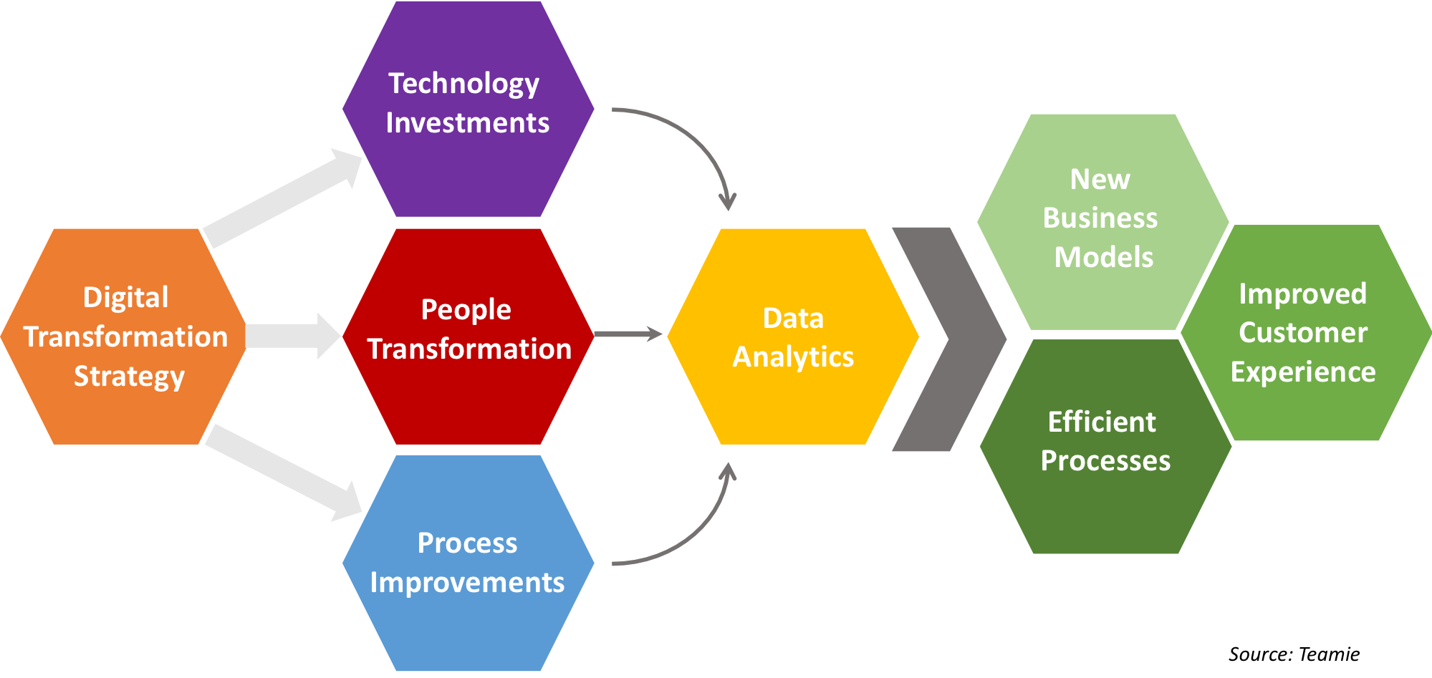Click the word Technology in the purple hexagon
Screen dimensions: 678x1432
463,84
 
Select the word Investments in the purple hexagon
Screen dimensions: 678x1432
467,123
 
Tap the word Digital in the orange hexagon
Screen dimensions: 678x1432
125,297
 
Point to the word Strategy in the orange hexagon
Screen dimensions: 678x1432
129,376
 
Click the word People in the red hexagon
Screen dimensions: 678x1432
466,310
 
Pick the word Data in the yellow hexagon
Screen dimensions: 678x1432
793,318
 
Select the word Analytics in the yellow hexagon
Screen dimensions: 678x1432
793,357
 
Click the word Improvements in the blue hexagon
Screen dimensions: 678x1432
467,582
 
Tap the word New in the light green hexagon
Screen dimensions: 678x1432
1100,179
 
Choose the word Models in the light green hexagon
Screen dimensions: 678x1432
1103,257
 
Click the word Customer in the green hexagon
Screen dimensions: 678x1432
1303,332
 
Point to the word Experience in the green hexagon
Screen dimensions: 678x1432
1303,372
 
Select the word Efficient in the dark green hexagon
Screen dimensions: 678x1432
1102,422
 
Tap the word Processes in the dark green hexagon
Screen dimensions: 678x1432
1105,460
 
